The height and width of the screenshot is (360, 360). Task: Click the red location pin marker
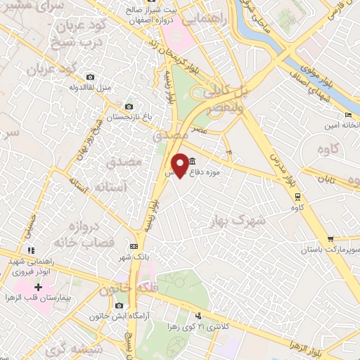coord(181,165)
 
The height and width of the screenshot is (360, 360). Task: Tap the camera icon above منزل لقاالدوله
coord(89,77)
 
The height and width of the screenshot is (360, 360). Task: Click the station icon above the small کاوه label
coord(297,196)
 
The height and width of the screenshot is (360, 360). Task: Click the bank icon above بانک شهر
coord(134,246)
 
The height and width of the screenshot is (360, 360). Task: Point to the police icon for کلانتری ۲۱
coord(199,316)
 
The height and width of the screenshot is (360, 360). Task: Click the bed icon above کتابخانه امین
coord(348,115)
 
